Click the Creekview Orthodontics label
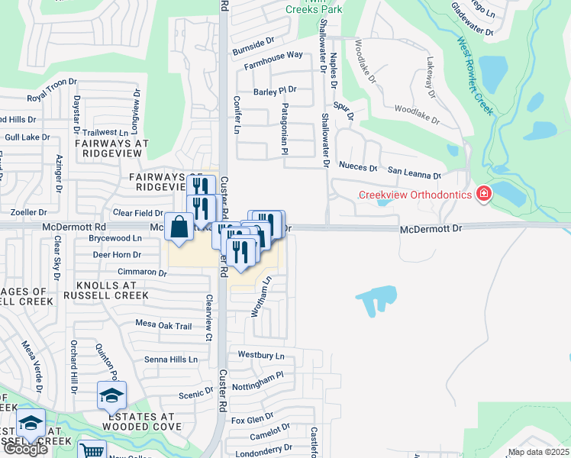[x=415, y=195]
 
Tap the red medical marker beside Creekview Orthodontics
[x=483, y=195]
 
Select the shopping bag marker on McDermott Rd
[x=179, y=227]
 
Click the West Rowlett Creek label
[x=473, y=76]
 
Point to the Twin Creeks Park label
[x=315, y=8]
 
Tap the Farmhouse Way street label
[x=273, y=60]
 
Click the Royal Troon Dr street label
[x=53, y=90]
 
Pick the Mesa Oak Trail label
[x=163, y=326]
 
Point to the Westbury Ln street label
[x=261, y=356]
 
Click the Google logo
[x=25, y=449]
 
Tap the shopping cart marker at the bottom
[x=92, y=450]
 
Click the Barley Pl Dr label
[x=275, y=90]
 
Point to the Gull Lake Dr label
[x=27, y=137]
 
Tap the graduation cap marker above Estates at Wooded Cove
[x=111, y=395]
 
